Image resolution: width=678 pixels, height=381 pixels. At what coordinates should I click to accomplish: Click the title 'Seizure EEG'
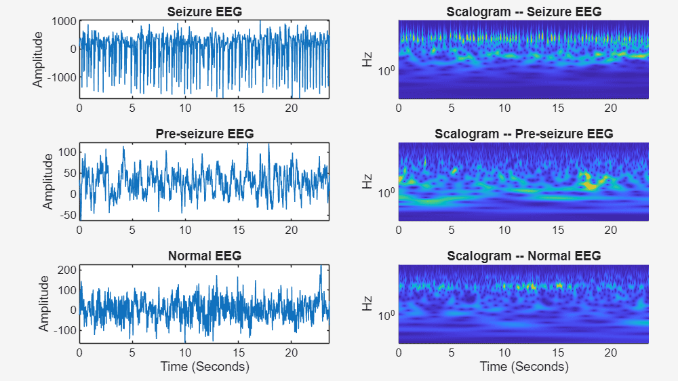click(204, 12)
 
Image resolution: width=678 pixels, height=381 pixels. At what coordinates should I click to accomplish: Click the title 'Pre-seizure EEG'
click(204, 134)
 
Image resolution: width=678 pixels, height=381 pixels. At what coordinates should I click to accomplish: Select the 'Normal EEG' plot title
click(204, 256)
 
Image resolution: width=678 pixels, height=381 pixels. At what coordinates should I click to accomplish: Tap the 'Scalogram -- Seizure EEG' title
click(523, 12)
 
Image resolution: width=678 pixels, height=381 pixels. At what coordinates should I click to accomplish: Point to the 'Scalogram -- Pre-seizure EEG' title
click(523, 134)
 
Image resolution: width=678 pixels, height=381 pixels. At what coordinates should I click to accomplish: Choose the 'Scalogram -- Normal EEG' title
click(523, 256)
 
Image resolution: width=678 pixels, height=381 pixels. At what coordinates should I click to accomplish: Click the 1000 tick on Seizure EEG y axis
click(65, 21)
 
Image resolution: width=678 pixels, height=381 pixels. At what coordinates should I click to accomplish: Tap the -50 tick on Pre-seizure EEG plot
click(68, 216)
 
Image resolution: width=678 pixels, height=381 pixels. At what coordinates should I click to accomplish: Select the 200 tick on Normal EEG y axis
click(66, 270)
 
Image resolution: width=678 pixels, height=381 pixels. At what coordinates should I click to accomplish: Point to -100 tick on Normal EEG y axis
click(65, 330)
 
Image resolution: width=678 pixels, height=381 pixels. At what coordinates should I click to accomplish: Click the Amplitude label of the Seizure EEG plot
click(38, 60)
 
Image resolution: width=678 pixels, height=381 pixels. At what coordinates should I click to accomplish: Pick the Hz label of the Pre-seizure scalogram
click(367, 182)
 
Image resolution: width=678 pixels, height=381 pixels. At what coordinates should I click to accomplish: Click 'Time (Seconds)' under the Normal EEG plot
click(204, 367)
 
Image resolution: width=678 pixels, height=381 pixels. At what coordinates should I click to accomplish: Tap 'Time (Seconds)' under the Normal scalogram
click(523, 367)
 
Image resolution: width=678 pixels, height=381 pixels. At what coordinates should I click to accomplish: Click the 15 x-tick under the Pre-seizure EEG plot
click(239, 230)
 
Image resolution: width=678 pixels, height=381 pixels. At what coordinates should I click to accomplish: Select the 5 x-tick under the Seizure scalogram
click(452, 108)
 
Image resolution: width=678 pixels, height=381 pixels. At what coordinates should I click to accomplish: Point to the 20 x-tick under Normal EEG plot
click(292, 353)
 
